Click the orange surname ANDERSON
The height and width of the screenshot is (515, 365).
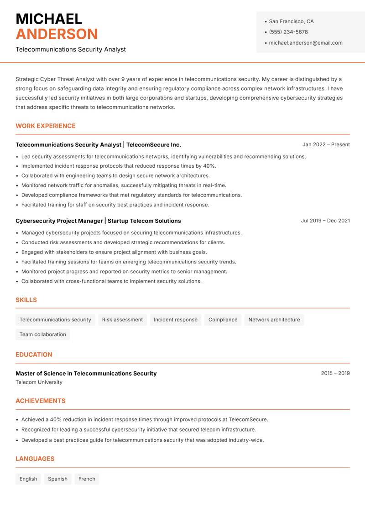pyautogui.click(x=57, y=34)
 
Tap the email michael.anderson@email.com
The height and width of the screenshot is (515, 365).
pyautogui.click(x=306, y=43)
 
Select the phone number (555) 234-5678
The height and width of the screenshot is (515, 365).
pyautogui.click(x=288, y=32)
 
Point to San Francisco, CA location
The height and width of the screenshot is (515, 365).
pyautogui.click(x=291, y=21)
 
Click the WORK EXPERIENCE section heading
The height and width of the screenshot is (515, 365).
pyautogui.click(x=46, y=126)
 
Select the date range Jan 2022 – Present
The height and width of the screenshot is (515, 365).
pyautogui.click(x=326, y=144)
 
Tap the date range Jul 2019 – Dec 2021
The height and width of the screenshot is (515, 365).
pyautogui.click(x=325, y=221)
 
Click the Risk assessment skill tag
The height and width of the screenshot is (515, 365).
pyautogui.click(x=122, y=320)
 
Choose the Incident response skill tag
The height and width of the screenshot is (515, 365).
pyautogui.click(x=176, y=320)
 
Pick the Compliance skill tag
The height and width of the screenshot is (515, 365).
pyautogui.click(x=223, y=320)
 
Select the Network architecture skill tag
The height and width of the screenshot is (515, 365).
pyautogui.click(x=274, y=320)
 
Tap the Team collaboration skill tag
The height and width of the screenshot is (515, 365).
pyautogui.click(x=43, y=335)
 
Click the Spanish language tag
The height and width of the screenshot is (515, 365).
pyautogui.click(x=57, y=479)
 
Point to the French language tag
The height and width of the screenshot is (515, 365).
pyautogui.click(x=87, y=479)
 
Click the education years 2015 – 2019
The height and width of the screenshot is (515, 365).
pyautogui.click(x=335, y=373)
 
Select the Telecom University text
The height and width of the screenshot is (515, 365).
pyautogui.click(x=39, y=382)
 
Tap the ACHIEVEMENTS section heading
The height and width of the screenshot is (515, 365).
pyautogui.click(x=41, y=401)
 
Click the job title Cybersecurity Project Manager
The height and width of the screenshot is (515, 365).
pyautogui.click(x=59, y=221)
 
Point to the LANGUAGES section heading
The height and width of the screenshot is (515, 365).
pyautogui.click(x=35, y=459)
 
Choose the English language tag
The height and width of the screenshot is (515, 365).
pyautogui.click(x=28, y=479)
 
